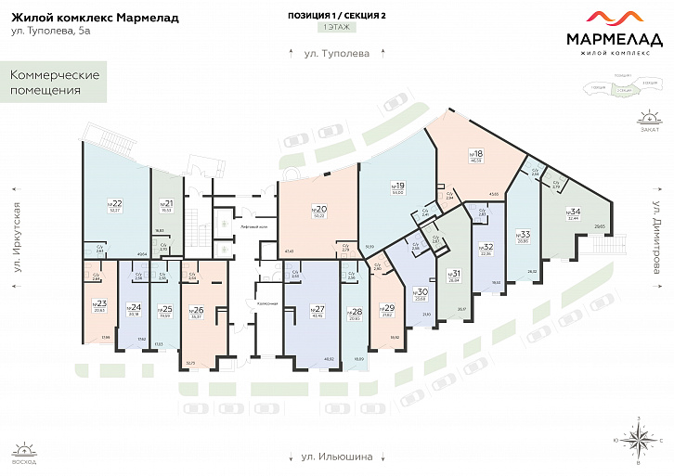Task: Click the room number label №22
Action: tap(116, 203)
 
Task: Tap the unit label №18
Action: tap(476, 155)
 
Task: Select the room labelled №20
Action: tap(320, 210)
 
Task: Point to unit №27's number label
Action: tap(318, 309)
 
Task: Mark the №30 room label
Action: tap(421, 292)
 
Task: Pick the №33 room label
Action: tap(525, 236)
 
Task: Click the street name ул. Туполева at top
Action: tap(336, 53)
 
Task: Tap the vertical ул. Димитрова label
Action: tap(655, 235)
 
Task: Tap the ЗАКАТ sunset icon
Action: tap(649, 119)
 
